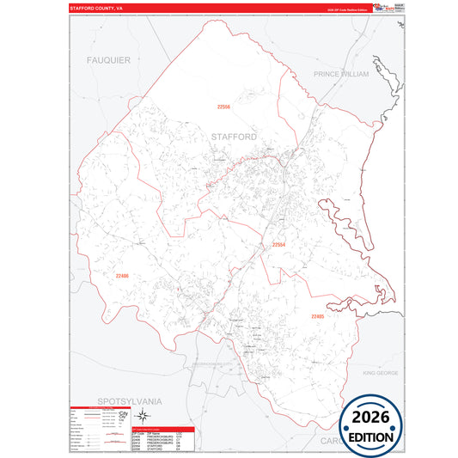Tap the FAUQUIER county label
pyautogui.click(x=108, y=60)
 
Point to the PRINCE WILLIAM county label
pyautogui.click(x=340, y=75)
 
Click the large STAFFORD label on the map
pyautogui.click(x=234, y=137)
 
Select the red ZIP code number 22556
pyautogui.click(x=223, y=107)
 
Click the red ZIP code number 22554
pyautogui.click(x=278, y=245)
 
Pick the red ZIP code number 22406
pyautogui.click(x=122, y=276)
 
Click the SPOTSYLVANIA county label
pyautogui.click(x=130, y=401)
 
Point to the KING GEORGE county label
pyautogui.click(x=381, y=373)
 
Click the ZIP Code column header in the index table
pyautogui.click(x=138, y=432)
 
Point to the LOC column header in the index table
pyautogui.click(x=180, y=432)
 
